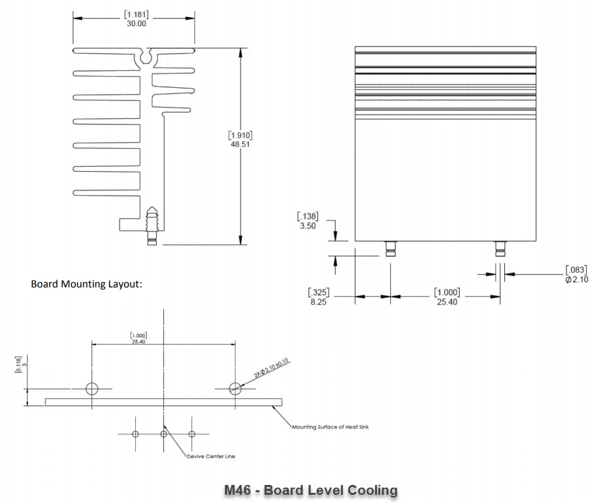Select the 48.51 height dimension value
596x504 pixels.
pyautogui.click(x=240, y=144)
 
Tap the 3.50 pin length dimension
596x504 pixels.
pyautogui.click(x=307, y=225)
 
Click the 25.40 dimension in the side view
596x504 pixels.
pyautogui.click(x=447, y=302)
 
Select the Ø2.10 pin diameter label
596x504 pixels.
pyautogui.click(x=577, y=280)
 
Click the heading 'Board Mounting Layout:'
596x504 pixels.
pyautogui.click(x=87, y=285)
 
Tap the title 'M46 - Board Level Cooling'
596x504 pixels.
pyautogui.click(x=311, y=490)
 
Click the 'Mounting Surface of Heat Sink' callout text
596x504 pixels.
pyautogui.click(x=330, y=427)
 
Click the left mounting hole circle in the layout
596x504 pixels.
pyautogui.click(x=92, y=388)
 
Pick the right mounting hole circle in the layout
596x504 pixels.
pyautogui.click(x=235, y=388)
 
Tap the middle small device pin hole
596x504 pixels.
pyautogui.click(x=164, y=434)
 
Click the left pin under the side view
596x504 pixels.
pyautogui.click(x=390, y=248)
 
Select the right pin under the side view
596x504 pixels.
pyautogui.click(x=501, y=248)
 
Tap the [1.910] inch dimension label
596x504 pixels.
pyautogui.click(x=240, y=135)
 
